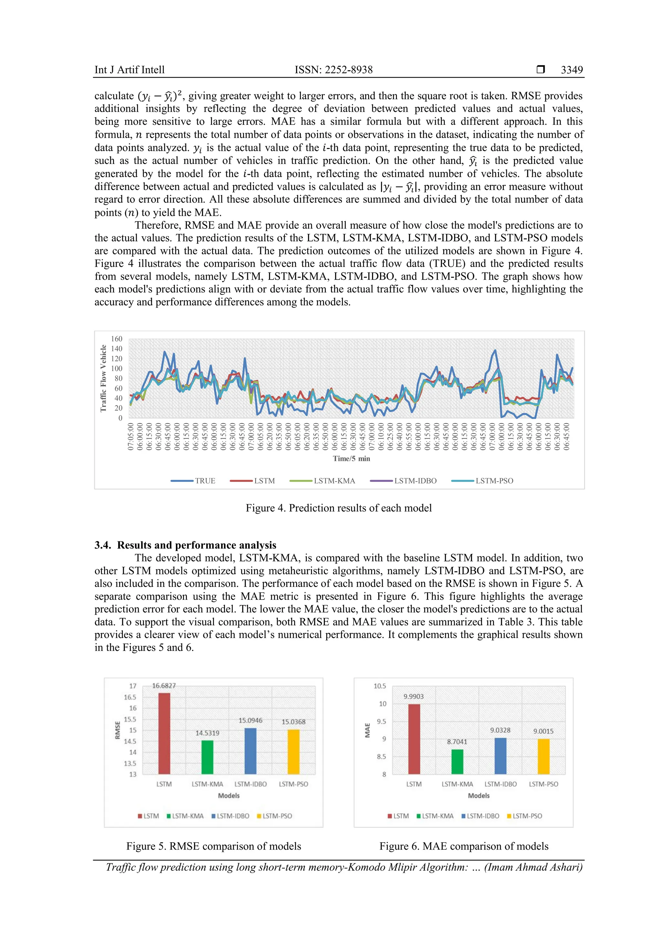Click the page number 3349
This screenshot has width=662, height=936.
pyautogui.click(x=571, y=70)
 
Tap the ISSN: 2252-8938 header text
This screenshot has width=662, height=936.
pyautogui.click(x=334, y=70)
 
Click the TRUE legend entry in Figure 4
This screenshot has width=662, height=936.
pyautogui.click(x=193, y=481)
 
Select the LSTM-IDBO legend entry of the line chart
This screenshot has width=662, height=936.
pyautogui.click(x=403, y=481)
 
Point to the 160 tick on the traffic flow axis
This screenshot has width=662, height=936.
pyautogui.click(x=117, y=339)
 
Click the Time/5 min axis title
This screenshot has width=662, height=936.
pyautogui.click(x=351, y=459)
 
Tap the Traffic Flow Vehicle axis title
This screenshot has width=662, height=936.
pyautogui.click(x=103, y=378)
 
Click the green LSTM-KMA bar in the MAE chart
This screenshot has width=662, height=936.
pyautogui.click(x=457, y=761)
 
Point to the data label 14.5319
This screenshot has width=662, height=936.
pyautogui.click(x=207, y=733)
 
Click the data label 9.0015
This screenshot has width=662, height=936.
pyautogui.click(x=543, y=731)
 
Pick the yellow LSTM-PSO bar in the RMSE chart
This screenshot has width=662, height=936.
pyautogui.click(x=294, y=752)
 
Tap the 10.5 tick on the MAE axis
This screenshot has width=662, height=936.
pyautogui.click(x=379, y=686)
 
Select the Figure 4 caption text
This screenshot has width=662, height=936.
pyautogui.click(x=338, y=508)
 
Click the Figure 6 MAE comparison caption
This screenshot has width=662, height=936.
pyautogui.click(x=464, y=846)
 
